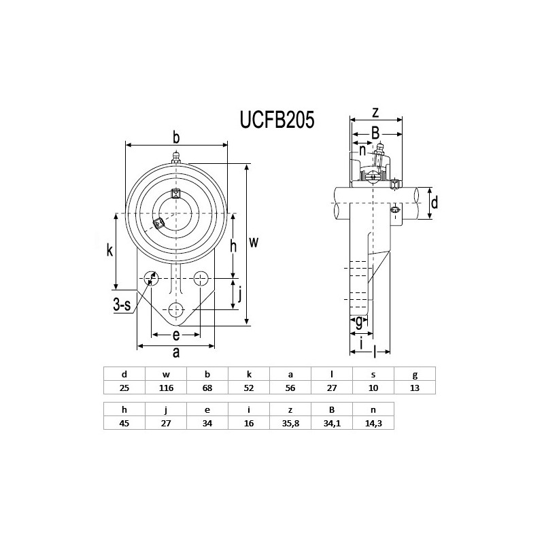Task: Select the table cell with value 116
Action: click(x=166, y=388)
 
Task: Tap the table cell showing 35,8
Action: click(x=290, y=422)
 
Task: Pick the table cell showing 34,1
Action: click(x=332, y=422)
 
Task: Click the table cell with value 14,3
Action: click(x=373, y=422)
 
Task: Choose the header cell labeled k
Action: click(x=249, y=374)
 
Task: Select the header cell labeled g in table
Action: click(x=415, y=374)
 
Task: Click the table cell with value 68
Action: click(x=207, y=388)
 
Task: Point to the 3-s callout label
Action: click(x=122, y=305)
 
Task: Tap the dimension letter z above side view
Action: click(x=375, y=112)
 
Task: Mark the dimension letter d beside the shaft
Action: click(x=435, y=202)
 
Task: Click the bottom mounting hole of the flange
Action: click(x=176, y=308)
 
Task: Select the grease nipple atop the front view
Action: click(x=176, y=158)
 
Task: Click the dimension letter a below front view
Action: click(x=176, y=352)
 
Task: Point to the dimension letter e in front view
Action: click(x=175, y=335)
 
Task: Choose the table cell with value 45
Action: click(x=124, y=422)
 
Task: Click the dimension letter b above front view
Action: click(x=176, y=138)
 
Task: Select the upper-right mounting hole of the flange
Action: click(x=201, y=278)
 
